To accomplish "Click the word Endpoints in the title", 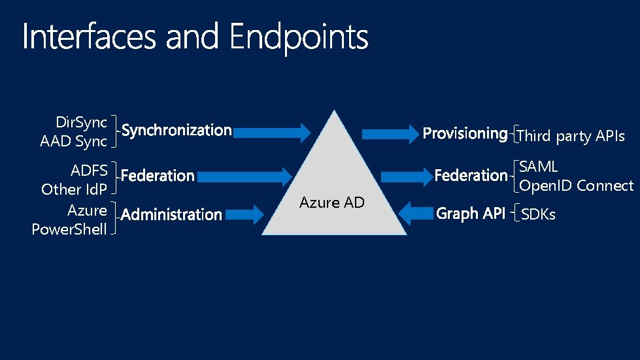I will click(299, 39).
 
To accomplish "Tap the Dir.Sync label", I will click(82, 122).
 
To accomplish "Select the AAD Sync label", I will click(73, 141).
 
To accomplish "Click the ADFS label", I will click(89, 171).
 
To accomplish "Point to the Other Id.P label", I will click(74, 189).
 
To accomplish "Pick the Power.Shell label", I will click(69, 229).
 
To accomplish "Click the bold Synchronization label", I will click(177, 131).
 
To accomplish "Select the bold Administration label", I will click(172, 214).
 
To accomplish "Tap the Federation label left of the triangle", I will click(158, 176).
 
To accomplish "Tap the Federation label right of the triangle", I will click(471, 175).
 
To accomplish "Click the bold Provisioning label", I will click(465, 134).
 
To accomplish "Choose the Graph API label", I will click(470, 213).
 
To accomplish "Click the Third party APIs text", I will click(570, 137).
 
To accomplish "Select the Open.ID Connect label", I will click(576, 186).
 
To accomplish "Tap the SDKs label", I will click(538, 214).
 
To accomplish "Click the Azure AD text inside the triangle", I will click(331, 203).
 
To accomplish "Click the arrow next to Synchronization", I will click(271, 133).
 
